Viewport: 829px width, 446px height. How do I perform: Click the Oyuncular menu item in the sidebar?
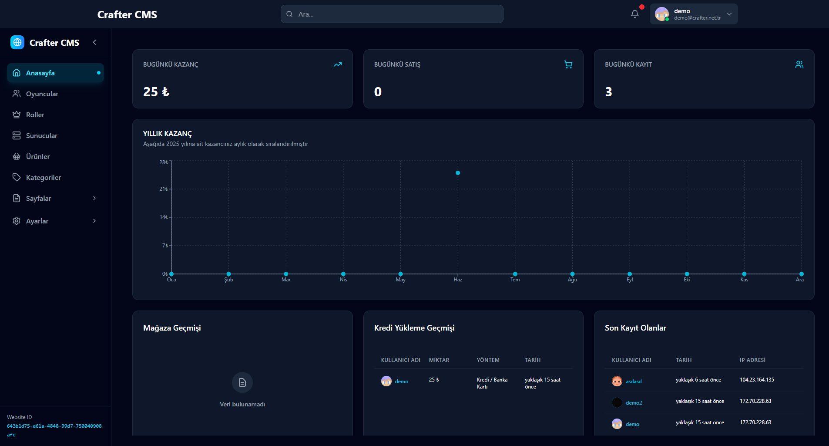click(x=42, y=94)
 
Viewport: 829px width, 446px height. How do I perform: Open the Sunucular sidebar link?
click(x=41, y=136)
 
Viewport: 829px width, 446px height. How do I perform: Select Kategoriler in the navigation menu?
click(x=43, y=178)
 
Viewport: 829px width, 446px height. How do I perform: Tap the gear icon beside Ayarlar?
click(x=17, y=221)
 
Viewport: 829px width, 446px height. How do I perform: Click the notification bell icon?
click(x=635, y=14)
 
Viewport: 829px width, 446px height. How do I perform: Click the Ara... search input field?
click(x=392, y=14)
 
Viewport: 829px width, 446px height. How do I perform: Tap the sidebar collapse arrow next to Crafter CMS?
click(x=94, y=42)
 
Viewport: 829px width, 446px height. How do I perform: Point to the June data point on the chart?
click(x=458, y=173)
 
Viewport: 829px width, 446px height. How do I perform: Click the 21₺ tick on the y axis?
click(x=164, y=189)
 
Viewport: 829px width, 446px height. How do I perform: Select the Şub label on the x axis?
click(x=229, y=280)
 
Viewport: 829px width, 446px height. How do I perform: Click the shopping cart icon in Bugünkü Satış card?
click(x=568, y=65)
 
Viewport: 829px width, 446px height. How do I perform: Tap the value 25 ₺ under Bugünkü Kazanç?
click(x=156, y=92)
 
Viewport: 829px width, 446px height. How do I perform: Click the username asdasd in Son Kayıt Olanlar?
click(x=634, y=382)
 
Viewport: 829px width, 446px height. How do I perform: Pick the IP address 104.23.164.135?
click(x=757, y=380)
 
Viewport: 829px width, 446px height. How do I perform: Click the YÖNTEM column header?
click(x=488, y=360)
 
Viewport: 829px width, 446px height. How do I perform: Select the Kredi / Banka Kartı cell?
click(x=492, y=383)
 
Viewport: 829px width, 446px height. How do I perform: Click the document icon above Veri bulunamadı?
click(x=242, y=382)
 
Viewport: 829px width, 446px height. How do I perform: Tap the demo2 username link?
click(x=634, y=403)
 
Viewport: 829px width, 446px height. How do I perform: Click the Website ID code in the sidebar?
click(x=54, y=430)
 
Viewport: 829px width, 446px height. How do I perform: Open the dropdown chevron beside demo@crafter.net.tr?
click(x=729, y=14)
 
